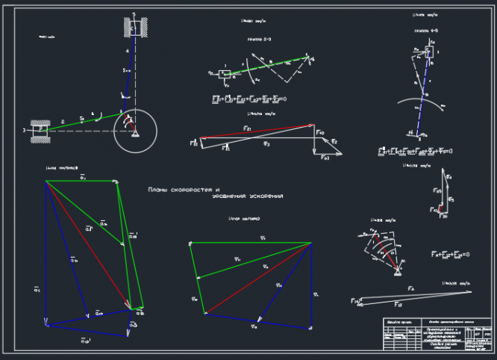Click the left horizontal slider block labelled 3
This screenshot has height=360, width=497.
(x=40, y=129)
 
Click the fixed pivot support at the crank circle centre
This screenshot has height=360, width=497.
(x=134, y=132)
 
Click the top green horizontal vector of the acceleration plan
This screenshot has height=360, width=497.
(x=82, y=180)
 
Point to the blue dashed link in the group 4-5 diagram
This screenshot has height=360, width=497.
(x=422, y=97)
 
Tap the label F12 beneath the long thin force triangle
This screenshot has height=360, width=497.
(x=398, y=305)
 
